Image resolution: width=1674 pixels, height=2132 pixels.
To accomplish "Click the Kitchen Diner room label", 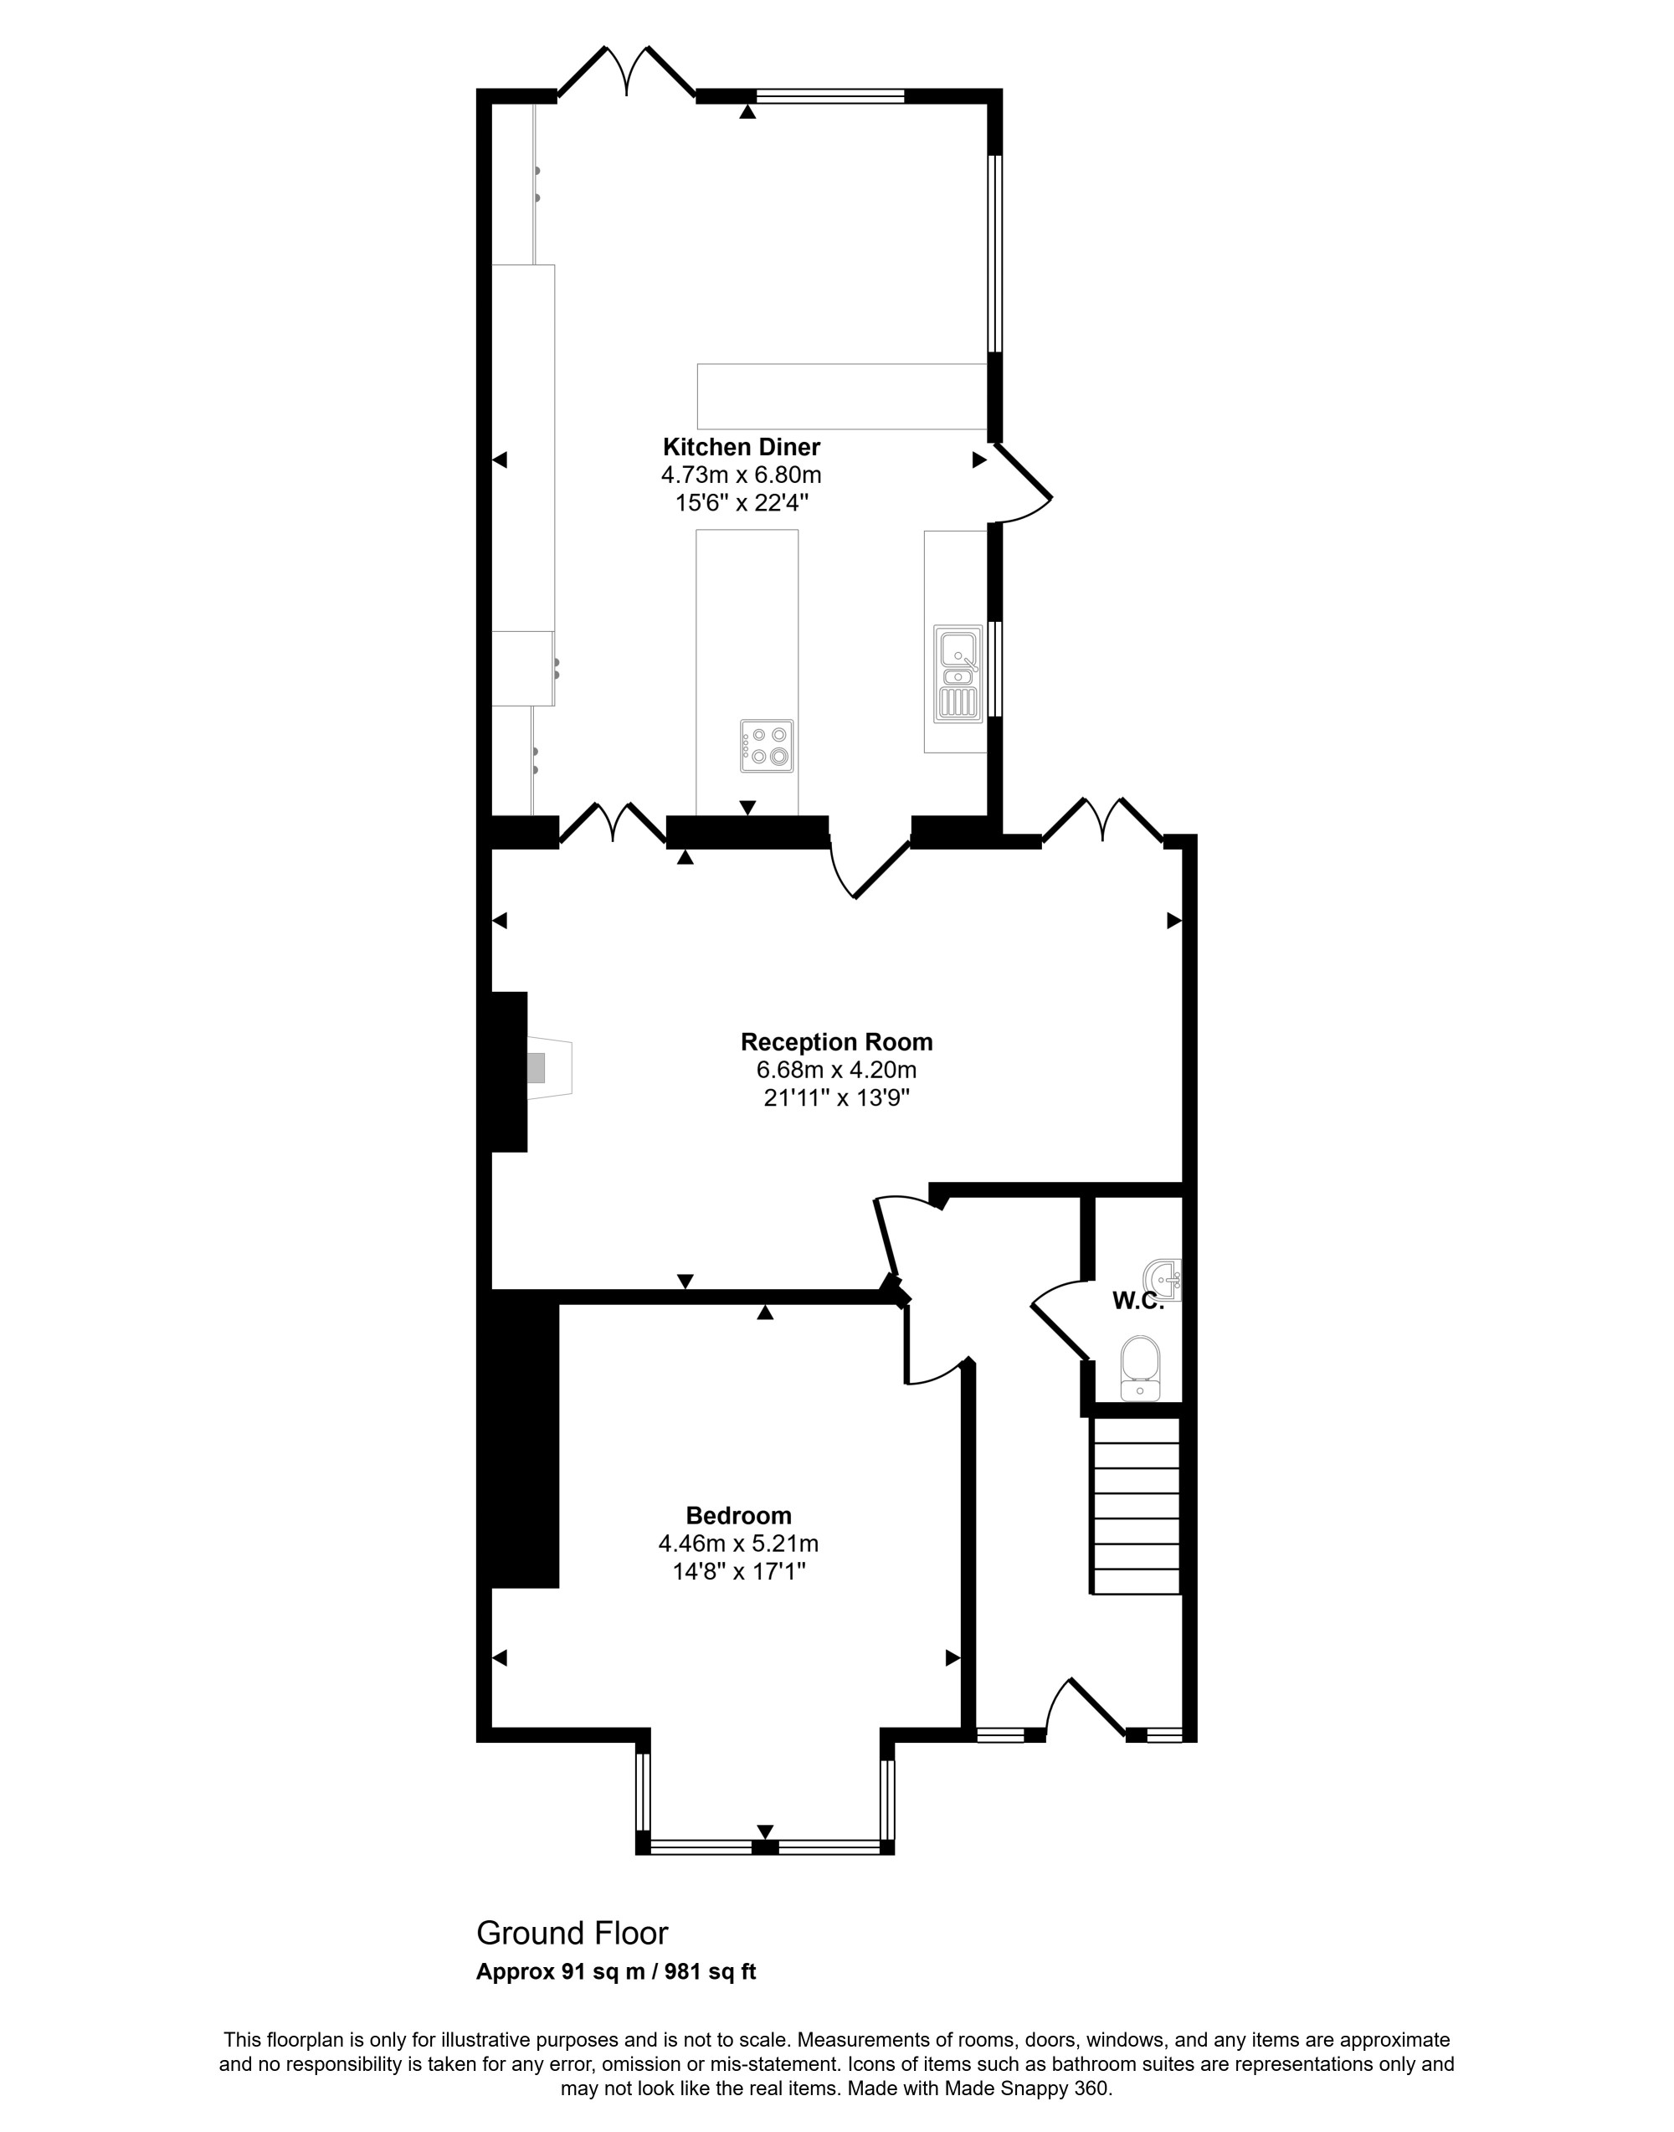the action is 741,447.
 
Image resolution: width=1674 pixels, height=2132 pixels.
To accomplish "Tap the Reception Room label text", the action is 836,1042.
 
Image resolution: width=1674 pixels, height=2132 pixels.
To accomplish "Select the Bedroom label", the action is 738,1515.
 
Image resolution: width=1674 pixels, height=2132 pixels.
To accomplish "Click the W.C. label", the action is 1137,1302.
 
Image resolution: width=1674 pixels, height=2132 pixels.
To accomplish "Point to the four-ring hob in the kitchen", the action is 768,745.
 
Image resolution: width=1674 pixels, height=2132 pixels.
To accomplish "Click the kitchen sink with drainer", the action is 958,675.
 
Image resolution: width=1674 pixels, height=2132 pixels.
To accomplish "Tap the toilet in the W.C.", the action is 1140,1368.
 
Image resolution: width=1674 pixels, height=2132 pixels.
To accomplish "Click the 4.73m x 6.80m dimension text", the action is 741,475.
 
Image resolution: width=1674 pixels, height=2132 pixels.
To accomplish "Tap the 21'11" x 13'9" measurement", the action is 836,1098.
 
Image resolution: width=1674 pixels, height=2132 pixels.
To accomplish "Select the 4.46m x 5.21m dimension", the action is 738,1544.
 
